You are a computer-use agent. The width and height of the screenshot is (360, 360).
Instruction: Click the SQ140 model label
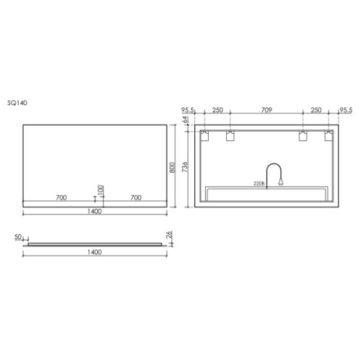(17, 103)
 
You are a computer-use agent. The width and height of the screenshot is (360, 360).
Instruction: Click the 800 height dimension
(172, 167)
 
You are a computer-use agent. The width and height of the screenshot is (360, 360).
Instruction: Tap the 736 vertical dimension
(185, 167)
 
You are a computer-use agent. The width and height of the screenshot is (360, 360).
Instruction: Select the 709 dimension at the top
(266, 110)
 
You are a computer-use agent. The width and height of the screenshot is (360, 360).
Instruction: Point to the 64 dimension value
(186, 120)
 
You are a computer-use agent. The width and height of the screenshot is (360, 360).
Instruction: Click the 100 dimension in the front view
(101, 190)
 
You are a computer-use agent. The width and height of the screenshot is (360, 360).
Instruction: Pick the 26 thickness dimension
(169, 235)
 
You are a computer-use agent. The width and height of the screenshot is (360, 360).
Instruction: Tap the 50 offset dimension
(18, 237)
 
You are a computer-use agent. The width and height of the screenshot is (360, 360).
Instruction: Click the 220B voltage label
(259, 184)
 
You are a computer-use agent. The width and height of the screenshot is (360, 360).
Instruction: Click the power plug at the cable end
(281, 183)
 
